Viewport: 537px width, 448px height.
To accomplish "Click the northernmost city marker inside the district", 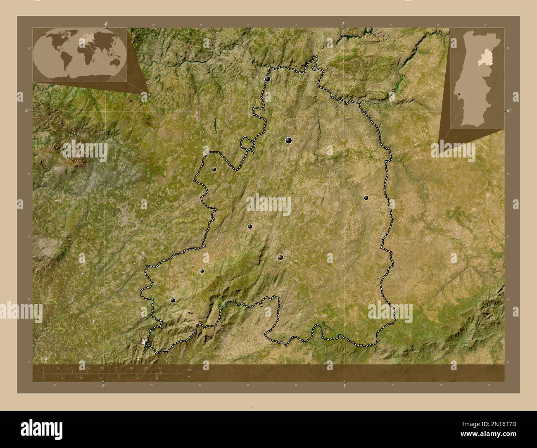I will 268,79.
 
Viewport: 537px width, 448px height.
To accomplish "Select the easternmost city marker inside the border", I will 366,198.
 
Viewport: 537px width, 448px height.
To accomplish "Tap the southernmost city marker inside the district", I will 173,300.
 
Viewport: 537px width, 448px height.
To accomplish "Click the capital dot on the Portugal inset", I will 459,95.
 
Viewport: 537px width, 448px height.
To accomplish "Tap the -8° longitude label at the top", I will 106,24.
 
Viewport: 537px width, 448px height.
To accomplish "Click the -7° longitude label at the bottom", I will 344,386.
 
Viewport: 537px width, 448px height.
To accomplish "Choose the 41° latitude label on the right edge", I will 509,111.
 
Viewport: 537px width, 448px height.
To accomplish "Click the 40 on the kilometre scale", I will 160,368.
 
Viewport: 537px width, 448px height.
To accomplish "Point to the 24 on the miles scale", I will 157,378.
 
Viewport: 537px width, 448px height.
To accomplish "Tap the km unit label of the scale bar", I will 190,369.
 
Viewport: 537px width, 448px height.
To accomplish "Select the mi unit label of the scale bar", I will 189,377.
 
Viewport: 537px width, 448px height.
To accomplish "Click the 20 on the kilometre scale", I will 102,368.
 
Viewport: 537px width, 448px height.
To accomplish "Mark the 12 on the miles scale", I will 100,378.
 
